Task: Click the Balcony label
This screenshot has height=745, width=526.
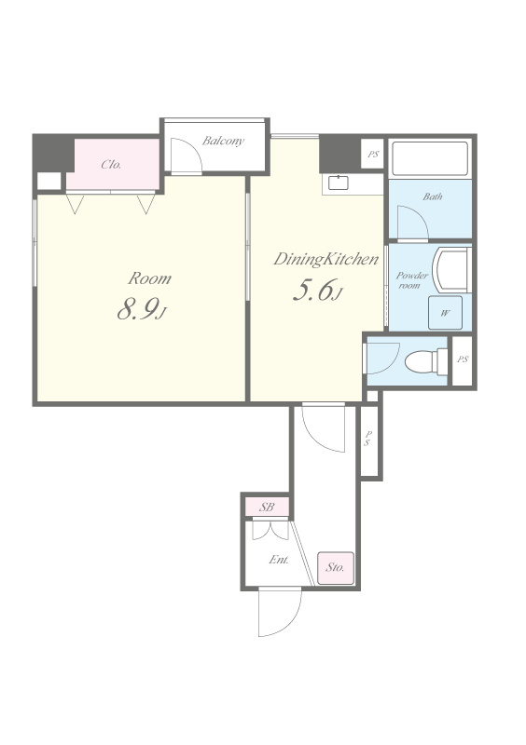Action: [x=223, y=141]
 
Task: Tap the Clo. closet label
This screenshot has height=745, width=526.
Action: [x=111, y=165]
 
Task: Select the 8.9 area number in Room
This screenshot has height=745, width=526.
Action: [x=136, y=310]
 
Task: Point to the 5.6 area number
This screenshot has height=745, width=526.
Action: [x=312, y=291]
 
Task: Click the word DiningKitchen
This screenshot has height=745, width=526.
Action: [x=326, y=260]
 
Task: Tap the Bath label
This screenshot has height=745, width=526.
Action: [x=432, y=196]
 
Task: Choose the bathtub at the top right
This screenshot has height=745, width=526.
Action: [x=430, y=158]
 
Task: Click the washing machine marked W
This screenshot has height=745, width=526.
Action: [x=445, y=313]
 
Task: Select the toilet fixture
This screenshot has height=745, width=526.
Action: [x=426, y=362]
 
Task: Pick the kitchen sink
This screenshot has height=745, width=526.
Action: [x=339, y=183]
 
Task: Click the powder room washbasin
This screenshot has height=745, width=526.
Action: [x=451, y=269]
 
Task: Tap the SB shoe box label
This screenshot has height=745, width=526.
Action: [x=267, y=507]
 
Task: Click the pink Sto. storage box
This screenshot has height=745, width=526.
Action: [x=336, y=568]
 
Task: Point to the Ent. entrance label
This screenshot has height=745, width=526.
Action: [x=279, y=560]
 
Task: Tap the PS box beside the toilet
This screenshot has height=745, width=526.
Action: [x=463, y=360]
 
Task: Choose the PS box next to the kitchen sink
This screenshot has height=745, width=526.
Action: [x=373, y=154]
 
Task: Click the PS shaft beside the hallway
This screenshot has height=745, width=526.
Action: [x=369, y=440]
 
